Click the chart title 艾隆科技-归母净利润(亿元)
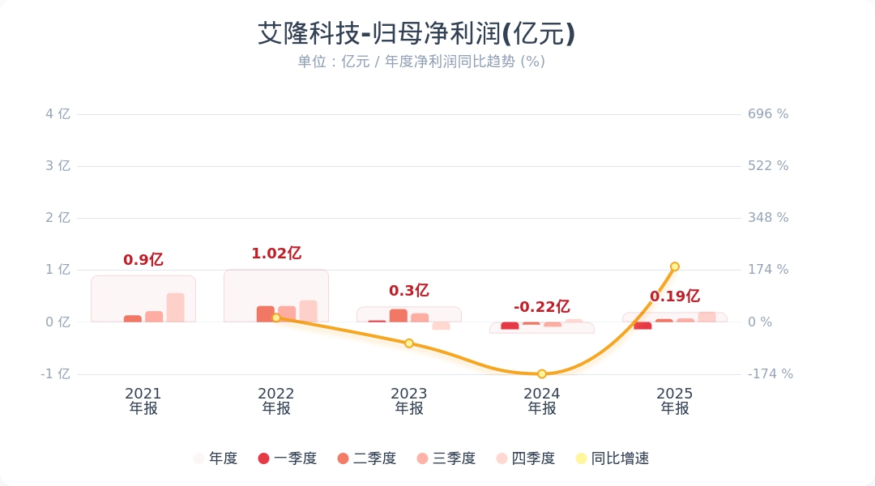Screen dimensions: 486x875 point(416,34)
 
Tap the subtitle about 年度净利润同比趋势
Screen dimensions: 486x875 point(420,62)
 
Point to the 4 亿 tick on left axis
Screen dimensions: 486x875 point(58,114)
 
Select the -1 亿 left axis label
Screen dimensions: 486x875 point(56,374)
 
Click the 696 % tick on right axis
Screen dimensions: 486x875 point(768,114)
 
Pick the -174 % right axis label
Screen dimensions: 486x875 point(770,374)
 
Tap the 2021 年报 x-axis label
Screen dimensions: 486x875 point(143,401)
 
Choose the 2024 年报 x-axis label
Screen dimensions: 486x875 point(542,401)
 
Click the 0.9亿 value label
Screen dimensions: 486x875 point(143,260)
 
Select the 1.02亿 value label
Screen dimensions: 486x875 point(276,254)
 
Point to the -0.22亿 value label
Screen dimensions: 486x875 point(542,307)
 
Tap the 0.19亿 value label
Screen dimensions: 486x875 point(675,296)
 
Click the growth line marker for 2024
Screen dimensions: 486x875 point(542,374)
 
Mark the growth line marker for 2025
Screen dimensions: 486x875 point(675,266)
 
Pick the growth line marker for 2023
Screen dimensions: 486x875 point(409,343)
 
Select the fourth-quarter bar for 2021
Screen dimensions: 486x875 point(175,308)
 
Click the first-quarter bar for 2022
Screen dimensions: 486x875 point(266,314)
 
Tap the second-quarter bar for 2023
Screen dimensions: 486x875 point(399,316)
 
